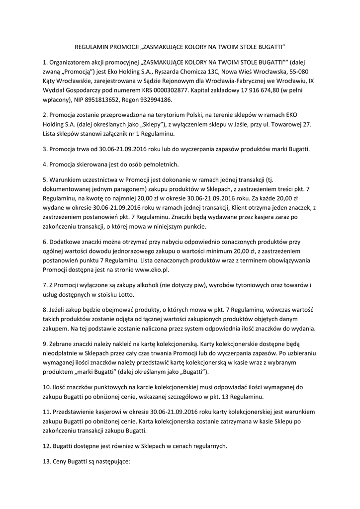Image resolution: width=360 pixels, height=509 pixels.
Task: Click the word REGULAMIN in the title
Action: click(x=91, y=48)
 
